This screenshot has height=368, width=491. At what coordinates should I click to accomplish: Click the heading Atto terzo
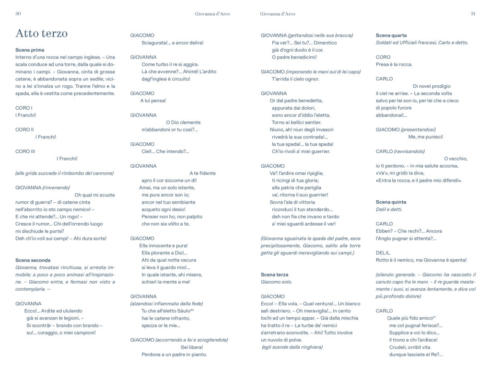(x=42, y=34)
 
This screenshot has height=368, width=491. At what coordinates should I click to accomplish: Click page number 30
(x=18, y=14)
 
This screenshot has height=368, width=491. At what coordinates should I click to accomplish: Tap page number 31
(x=473, y=14)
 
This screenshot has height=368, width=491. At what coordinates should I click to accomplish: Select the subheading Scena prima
(x=30, y=50)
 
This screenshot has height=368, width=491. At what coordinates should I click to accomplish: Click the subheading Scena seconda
(x=33, y=260)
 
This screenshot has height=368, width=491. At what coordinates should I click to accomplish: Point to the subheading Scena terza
(x=275, y=275)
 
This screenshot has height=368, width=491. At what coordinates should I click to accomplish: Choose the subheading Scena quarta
(x=391, y=35)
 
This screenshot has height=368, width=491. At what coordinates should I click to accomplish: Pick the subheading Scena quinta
(x=391, y=202)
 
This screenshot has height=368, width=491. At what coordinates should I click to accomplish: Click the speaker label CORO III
(x=25, y=151)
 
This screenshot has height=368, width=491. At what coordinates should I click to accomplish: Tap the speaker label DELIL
(x=383, y=253)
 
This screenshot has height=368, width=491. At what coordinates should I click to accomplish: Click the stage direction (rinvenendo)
(x=56, y=187)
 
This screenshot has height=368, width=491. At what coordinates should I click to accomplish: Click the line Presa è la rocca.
(x=394, y=64)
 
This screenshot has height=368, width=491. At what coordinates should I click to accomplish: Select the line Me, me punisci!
(x=425, y=137)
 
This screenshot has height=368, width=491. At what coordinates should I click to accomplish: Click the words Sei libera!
(x=192, y=347)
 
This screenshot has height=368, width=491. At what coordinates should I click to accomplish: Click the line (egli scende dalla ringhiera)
(x=292, y=347)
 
